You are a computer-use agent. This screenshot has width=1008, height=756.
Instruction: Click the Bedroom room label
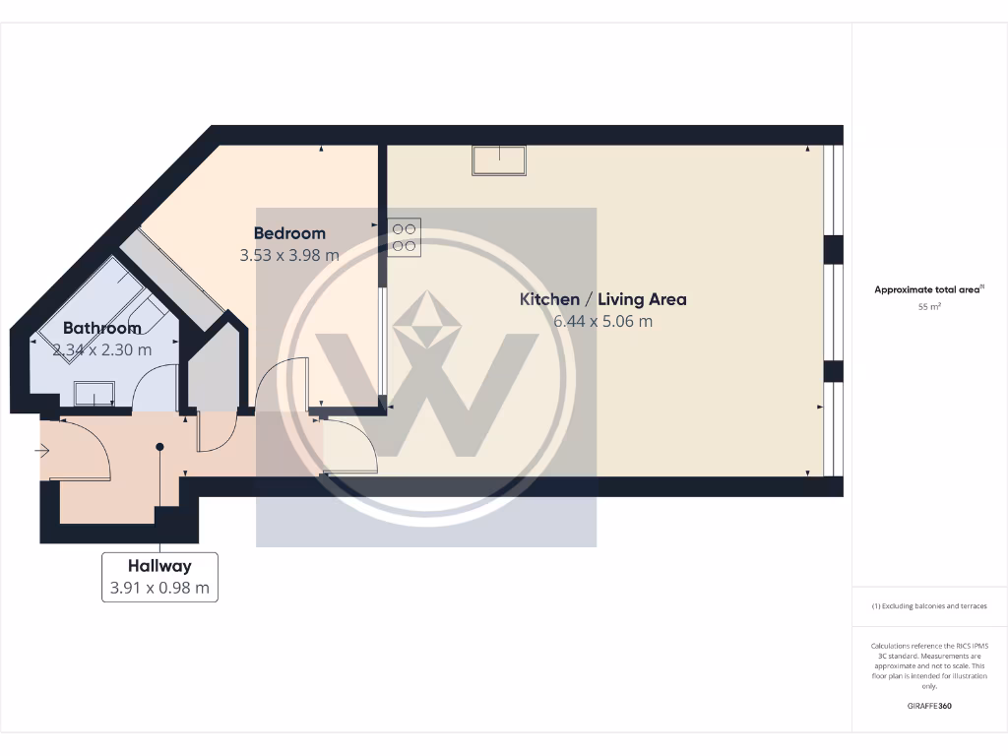pos(289,233)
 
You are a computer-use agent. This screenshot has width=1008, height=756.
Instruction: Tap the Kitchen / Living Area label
pos(603,299)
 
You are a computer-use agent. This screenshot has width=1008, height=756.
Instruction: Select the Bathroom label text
pos(102,328)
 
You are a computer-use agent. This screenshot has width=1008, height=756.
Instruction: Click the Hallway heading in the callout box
pos(159,566)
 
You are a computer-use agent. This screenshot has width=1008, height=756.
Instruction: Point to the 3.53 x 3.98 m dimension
pos(289,255)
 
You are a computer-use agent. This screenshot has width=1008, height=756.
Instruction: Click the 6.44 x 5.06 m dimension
pos(603,321)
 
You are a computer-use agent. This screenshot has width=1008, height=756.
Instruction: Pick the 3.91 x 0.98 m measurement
pos(159,589)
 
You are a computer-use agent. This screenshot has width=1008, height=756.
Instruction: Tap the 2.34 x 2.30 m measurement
pos(102,349)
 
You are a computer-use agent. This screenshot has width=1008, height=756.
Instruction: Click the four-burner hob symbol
pos(405,237)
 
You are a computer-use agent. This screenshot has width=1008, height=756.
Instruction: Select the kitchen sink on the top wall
pos(499,159)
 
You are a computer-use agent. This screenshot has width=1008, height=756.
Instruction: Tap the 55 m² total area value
pos(929,307)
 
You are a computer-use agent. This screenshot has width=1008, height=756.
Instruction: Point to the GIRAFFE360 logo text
pos(929,706)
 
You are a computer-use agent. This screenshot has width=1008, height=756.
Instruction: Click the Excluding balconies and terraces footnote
pos(929,606)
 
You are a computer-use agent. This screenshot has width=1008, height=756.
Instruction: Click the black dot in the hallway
pos(159,447)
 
